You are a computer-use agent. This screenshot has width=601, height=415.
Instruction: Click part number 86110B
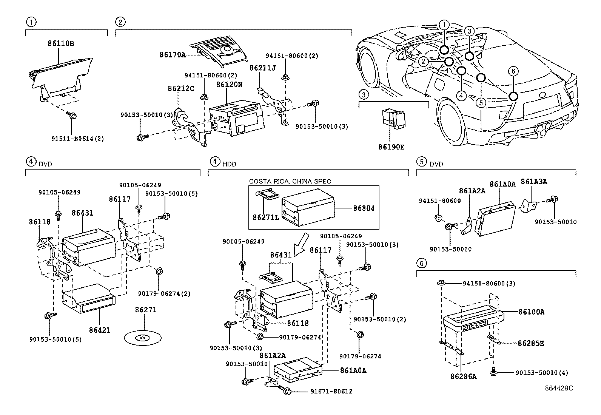tap(60, 43)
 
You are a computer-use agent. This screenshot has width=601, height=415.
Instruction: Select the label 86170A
tap(173, 55)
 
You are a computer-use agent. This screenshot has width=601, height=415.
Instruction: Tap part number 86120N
tap(229, 85)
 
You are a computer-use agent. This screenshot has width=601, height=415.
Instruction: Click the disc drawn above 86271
tap(142, 337)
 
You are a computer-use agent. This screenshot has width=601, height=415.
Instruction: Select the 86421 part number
tap(100, 330)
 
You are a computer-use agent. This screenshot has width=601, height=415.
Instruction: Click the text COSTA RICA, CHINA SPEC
tap(290, 181)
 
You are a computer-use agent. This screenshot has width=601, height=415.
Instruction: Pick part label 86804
tap(364, 208)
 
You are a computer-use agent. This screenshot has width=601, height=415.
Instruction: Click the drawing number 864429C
tap(559, 388)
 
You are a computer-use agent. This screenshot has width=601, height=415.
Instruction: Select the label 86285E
tap(531, 343)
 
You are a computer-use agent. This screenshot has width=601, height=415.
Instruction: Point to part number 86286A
tap(463, 376)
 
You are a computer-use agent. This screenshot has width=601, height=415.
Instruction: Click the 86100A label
tap(531, 312)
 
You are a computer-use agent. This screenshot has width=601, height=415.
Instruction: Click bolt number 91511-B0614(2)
tap(77, 138)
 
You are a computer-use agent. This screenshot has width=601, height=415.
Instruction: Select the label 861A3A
tap(534, 182)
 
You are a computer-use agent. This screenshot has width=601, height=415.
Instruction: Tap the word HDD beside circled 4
tap(229, 164)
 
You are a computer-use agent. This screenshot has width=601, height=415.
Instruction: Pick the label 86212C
tap(181, 88)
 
